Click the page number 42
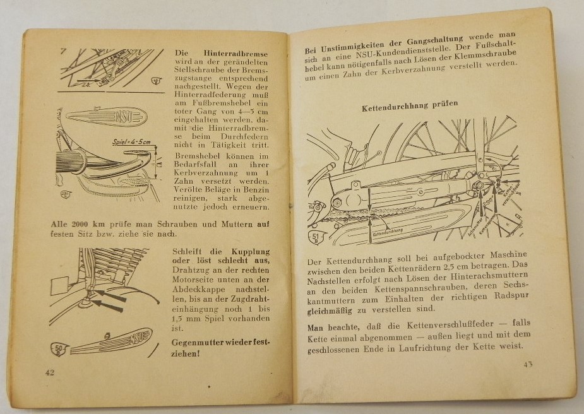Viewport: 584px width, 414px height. point(50,372)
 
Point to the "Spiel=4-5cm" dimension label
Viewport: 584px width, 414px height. point(132,142)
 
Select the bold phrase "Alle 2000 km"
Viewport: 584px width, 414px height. point(54,223)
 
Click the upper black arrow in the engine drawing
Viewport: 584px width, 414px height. point(114,294)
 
